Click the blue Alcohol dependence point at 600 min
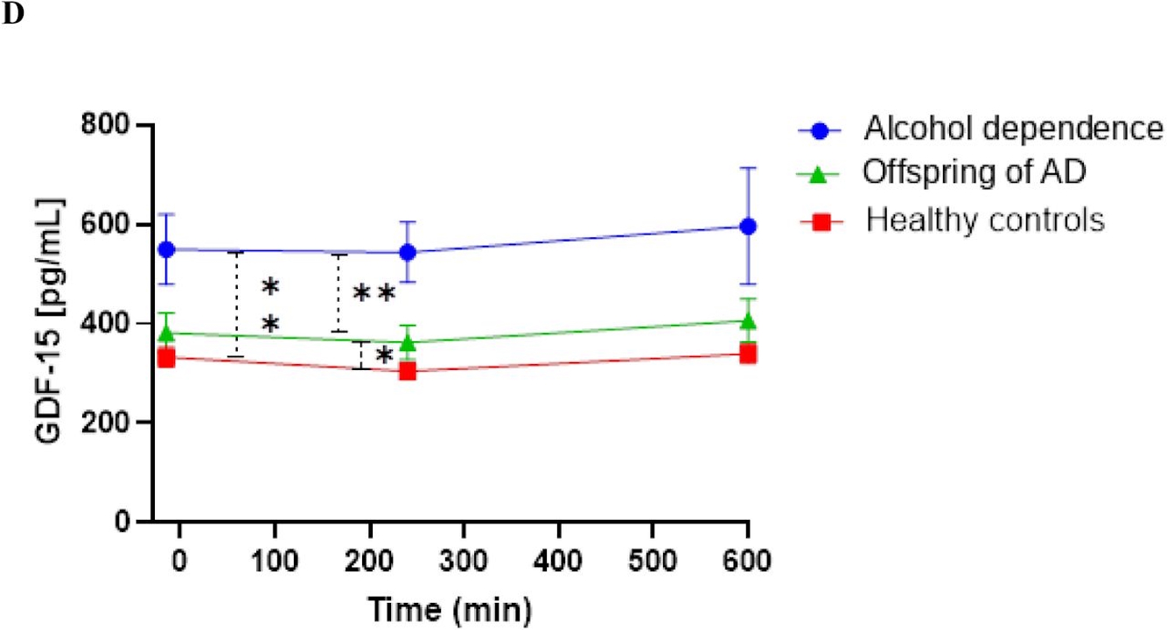[748, 226]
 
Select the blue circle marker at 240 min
[407, 252]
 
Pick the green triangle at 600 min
[748, 321]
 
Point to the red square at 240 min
[407, 370]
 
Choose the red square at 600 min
[748, 353]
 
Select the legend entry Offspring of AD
[975, 172]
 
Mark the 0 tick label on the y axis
[126, 522]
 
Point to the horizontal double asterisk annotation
[374, 294]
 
